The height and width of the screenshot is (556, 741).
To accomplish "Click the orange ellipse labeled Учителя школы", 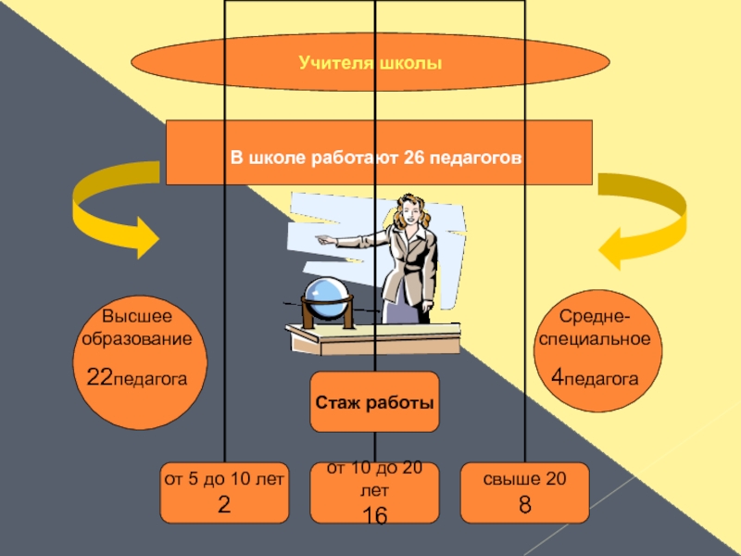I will (370, 63).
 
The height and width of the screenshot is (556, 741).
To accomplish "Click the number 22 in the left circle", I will (98, 377).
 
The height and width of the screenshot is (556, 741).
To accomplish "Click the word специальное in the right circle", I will (595, 339).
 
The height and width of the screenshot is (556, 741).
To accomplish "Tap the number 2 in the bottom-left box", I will (223, 505).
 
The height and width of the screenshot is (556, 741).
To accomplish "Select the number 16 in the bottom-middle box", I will (374, 517).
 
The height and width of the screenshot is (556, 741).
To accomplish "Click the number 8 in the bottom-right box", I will (524, 505).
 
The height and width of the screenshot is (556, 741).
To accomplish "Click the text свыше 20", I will (524, 479).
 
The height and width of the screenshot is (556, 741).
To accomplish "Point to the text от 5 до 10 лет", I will (223, 479).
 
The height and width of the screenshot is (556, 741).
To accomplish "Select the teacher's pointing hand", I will (320, 238).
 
